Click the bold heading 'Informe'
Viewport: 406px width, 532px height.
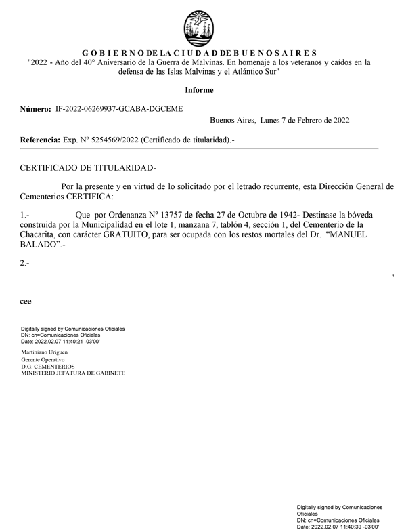coord(199,90)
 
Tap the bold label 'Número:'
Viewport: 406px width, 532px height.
coord(36,108)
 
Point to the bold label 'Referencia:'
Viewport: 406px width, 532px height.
coord(40,140)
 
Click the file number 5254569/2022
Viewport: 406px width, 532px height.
coord(113,140)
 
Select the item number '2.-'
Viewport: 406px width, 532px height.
coord(25,263)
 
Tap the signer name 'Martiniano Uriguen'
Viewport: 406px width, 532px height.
coord(46,354)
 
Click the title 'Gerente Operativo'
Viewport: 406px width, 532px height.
coord(43,361)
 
